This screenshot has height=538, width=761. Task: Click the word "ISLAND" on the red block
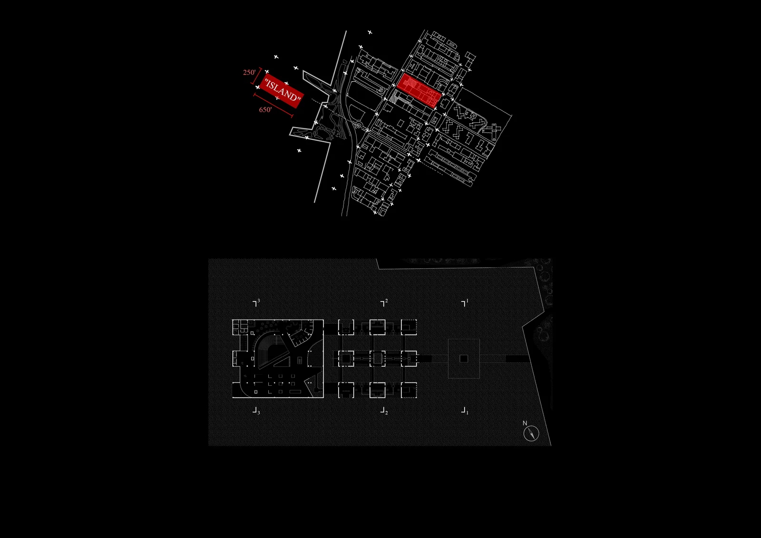pos(283,91)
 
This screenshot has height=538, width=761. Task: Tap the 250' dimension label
pos(249,72)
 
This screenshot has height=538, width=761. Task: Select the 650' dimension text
pos(265,109)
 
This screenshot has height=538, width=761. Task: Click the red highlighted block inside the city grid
pos(419,90)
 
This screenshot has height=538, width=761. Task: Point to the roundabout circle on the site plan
pos(359,126)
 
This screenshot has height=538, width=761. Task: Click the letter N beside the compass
pos(525,423)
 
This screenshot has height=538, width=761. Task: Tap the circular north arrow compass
pos(531,434)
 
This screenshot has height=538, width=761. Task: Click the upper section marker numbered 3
pos(256,303)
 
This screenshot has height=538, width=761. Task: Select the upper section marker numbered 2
pos(384,303)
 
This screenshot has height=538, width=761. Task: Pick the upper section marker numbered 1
pos(464,303)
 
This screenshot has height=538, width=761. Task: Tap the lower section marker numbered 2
pos(384,411)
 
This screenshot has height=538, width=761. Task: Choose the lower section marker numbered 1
pos(464,411)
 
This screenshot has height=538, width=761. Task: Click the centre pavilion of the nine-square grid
pos(378,359)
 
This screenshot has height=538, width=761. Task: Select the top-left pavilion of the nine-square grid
pos(346,327)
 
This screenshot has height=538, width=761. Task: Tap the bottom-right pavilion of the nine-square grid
pos(409,390)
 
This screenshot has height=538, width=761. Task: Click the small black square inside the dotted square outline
pos(464,359)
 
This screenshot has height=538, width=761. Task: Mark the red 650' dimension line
pos(273,105)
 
